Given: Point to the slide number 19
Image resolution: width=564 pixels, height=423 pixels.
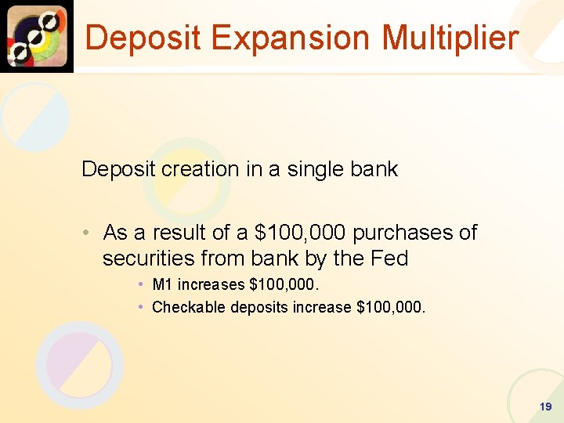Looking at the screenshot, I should (546, 407).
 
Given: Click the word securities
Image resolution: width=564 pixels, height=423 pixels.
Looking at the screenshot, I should (148, 258).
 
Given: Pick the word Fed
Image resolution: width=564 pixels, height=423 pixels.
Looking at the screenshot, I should (389, 258).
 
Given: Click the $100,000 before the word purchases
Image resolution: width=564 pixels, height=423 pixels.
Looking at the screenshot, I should (302, 233).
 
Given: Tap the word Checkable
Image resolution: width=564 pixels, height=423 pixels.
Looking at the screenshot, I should (184, 307).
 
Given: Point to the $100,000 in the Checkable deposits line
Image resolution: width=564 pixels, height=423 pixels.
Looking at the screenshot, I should (390, 307).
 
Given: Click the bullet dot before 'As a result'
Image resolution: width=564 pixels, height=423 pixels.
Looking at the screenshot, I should (91, 233).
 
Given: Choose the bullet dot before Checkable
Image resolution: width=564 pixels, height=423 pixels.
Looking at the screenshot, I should (140, 307).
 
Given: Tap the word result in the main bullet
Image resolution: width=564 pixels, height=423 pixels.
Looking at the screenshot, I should (176, 233).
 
